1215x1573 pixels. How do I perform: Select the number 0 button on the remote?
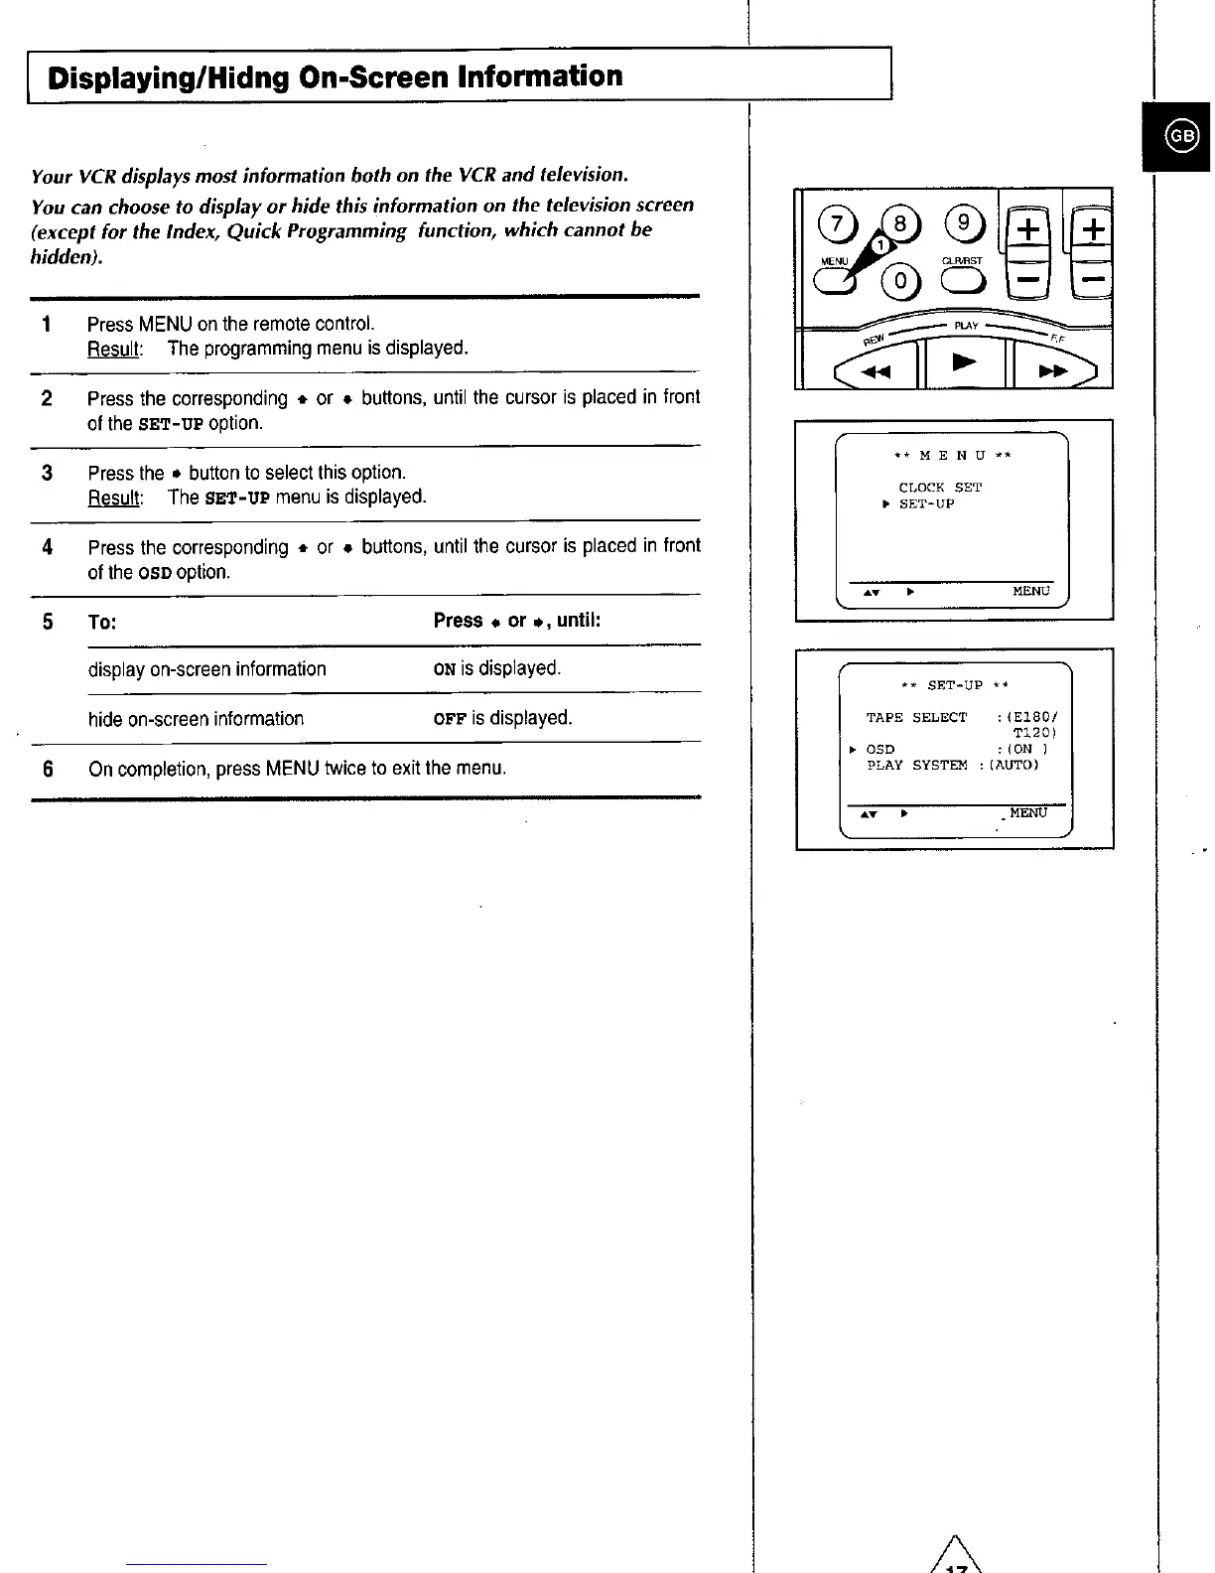click(900, 282)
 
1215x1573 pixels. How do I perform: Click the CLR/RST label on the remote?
click(961, 261)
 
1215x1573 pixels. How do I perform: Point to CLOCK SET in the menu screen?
click(939, 488)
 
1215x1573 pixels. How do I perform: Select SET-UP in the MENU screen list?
click(926, 504)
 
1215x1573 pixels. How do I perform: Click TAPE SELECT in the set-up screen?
click(915, 718)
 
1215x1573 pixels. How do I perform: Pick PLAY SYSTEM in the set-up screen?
click(916, 766)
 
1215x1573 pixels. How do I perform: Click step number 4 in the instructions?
click(47, 547)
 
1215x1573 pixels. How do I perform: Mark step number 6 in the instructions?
click(47, 769)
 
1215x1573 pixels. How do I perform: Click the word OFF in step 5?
click(450, 718)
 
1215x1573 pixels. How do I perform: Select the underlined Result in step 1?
click(115, 349)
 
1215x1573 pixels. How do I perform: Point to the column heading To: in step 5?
click(102, 623)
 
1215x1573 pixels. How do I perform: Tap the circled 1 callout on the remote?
click(878, 245)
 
